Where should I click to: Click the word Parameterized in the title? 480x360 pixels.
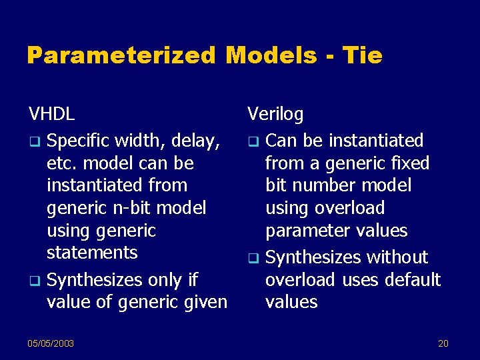(121, 55)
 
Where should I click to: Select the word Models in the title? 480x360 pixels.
(271, 55)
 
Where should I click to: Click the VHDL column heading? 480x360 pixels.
(51, 114)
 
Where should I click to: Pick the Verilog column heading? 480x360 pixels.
(275, 114)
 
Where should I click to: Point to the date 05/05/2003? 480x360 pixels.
(51, 343)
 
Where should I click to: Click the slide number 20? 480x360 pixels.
(443, 343)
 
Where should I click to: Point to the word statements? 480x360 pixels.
(92, 253)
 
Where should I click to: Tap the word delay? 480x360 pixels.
(194, 141)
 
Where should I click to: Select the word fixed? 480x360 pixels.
(411, 163)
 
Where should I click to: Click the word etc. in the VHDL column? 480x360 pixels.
(61, 163)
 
